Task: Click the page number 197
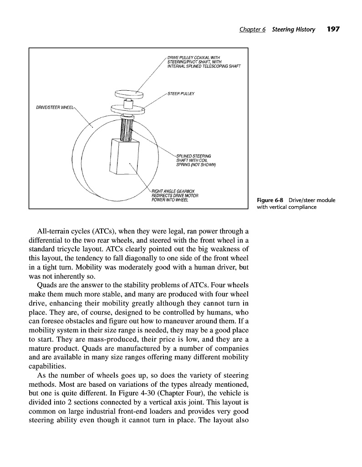point(334,29)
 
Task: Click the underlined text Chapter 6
point(252,30)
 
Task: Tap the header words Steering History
point(293,30)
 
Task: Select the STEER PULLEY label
point(181,93)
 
